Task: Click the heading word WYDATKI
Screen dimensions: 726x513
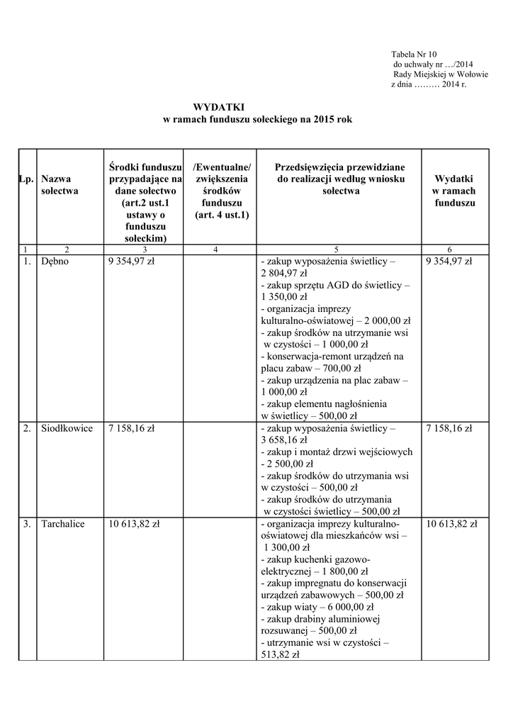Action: coord(214,106)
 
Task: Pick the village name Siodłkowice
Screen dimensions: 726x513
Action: coord(67,428)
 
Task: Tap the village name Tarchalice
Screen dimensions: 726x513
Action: coord(62,524)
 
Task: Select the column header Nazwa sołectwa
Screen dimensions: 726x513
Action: coord(60,185)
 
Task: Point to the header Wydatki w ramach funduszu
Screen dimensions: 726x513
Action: coord(454,191)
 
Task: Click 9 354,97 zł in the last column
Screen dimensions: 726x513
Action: coord(449,262)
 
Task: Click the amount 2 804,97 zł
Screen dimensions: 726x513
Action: coord(284,273)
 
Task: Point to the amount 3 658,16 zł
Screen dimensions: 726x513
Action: coord(284,440)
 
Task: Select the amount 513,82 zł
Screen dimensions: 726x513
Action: coord(281,655)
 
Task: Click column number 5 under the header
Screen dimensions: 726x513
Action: coord(336,250)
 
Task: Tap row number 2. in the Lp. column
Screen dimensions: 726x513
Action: coord(26,428)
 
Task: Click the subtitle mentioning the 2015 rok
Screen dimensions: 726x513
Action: coord(257,120)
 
